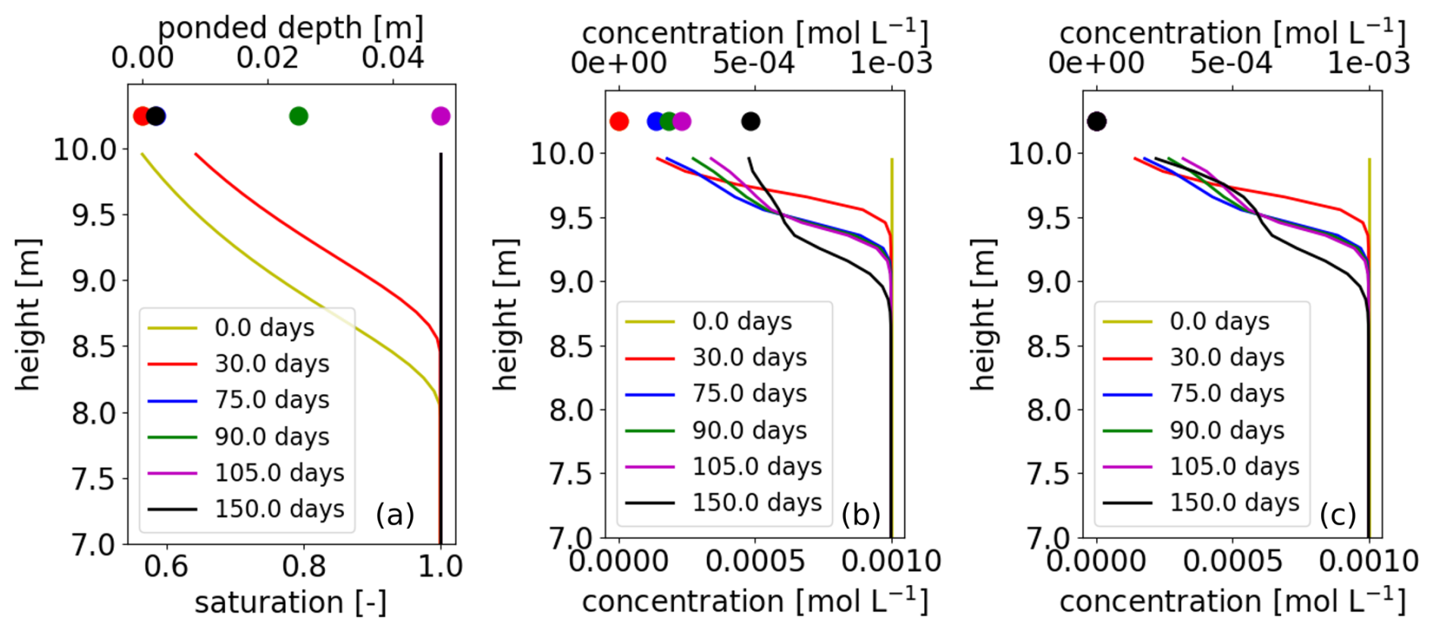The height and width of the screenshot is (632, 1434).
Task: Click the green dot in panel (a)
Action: tap(299, 116)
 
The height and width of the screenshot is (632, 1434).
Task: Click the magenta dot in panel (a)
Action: tap(440, 116)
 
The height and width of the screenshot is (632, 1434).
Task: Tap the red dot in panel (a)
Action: tap(141, 116)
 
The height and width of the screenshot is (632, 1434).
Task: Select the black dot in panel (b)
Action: tap(750, 121)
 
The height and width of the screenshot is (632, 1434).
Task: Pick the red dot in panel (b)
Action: tap(618, 121)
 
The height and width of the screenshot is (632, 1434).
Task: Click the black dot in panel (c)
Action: tap(1097, 121)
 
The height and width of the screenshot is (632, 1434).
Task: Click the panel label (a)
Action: tap(395, 515)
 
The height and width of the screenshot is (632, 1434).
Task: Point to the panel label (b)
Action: tap(861, 515)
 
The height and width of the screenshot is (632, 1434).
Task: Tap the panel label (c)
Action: tap(1338, 515)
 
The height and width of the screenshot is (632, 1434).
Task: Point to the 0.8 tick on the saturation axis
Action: tap(303, 566)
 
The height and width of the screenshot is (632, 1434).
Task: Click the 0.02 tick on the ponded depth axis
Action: tap(268, 58)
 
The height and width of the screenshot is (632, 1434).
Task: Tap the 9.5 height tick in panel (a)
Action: tap(95, 216)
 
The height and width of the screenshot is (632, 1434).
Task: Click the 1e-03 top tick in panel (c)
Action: tap(1369, 63)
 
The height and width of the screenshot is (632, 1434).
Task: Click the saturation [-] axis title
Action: tap(290, 603)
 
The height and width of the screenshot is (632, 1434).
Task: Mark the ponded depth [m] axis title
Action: tap(290, 28)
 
